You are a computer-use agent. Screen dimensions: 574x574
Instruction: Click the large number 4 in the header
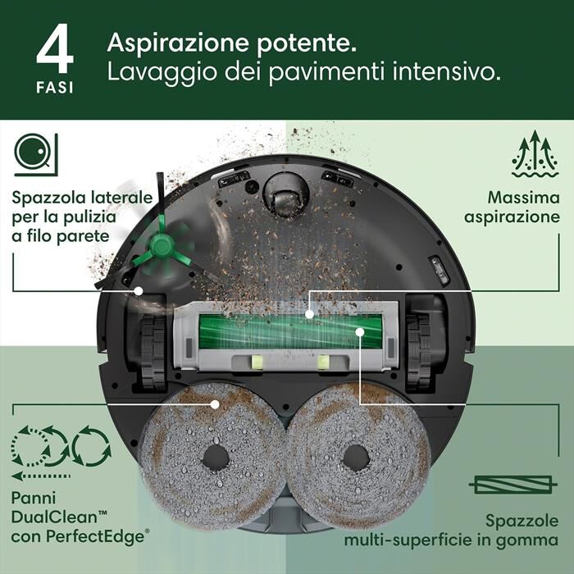55,51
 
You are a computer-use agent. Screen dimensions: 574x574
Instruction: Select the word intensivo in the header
448,73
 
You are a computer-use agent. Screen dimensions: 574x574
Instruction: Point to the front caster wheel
285,198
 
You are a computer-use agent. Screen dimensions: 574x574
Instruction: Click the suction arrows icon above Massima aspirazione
534,154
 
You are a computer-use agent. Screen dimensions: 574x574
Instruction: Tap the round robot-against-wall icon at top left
34,154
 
